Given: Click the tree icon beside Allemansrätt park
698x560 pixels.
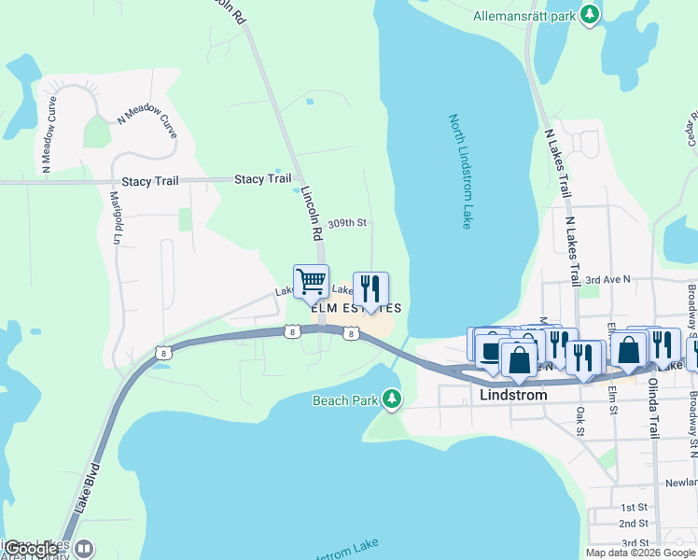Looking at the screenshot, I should pos(589,15).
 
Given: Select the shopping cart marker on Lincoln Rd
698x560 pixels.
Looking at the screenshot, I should pos(311,281).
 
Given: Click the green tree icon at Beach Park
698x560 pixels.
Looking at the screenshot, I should pos(393,399).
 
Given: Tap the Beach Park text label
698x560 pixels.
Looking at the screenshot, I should pos(344,400).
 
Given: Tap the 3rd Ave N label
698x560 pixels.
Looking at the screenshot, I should pos(607,279).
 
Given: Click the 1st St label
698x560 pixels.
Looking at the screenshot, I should pos(634,505).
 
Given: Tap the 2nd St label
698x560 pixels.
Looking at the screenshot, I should pos(634,524).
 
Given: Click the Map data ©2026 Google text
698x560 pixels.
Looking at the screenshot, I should pos(639,553).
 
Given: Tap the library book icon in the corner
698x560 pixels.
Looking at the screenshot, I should pos(84,549).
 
